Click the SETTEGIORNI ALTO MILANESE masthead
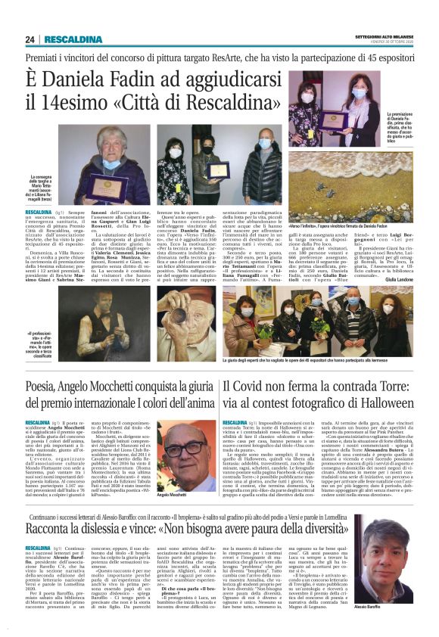385,35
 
